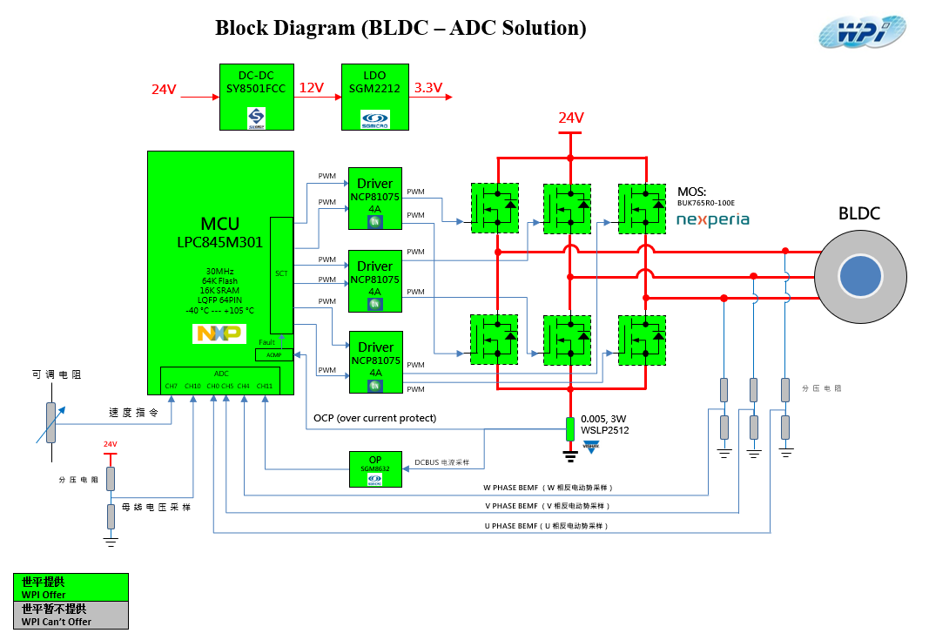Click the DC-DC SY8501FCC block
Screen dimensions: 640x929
[x=256, y=97]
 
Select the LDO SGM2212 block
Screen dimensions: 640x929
[x=374, y=97]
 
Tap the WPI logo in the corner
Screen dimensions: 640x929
[x=861, y=32]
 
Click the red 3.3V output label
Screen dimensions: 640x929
[x=428, y=88]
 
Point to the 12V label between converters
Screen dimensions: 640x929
[x=312, y=88]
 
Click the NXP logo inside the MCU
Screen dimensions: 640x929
[x=219, y=333]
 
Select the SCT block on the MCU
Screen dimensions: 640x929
[x=281, y=274]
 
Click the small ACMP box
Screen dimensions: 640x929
[x=274, y=354]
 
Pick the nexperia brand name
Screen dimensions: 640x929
[x=712, y=219]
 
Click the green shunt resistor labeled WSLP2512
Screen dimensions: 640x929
[x=570, y=428]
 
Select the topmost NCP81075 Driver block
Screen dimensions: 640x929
[x=375, y=198]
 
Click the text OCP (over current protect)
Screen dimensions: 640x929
[x=374, y=418]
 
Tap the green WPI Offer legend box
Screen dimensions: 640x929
[x=71, y=587]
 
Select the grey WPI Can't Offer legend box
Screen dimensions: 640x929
[x=71, y=615]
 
